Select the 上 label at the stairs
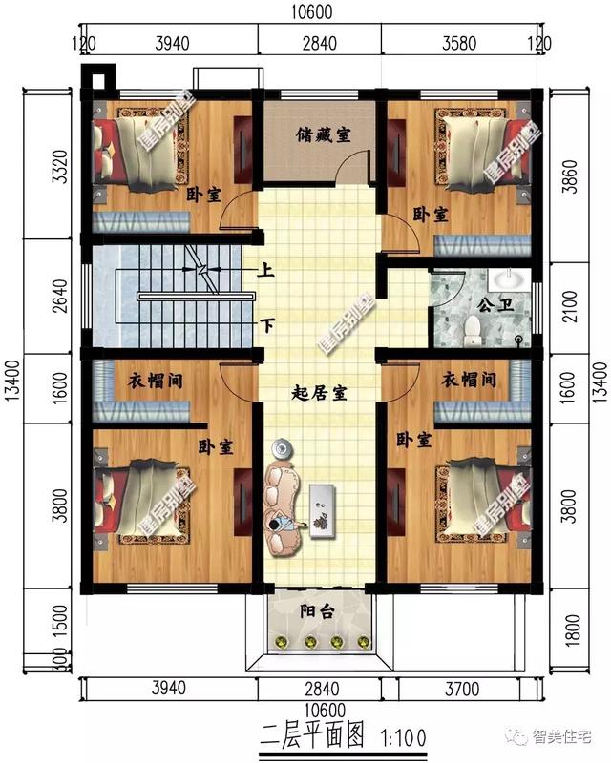point(267,270)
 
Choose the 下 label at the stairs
point(268,326)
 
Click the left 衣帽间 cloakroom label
point(156,381)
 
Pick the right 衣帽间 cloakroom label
point(469,380)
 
